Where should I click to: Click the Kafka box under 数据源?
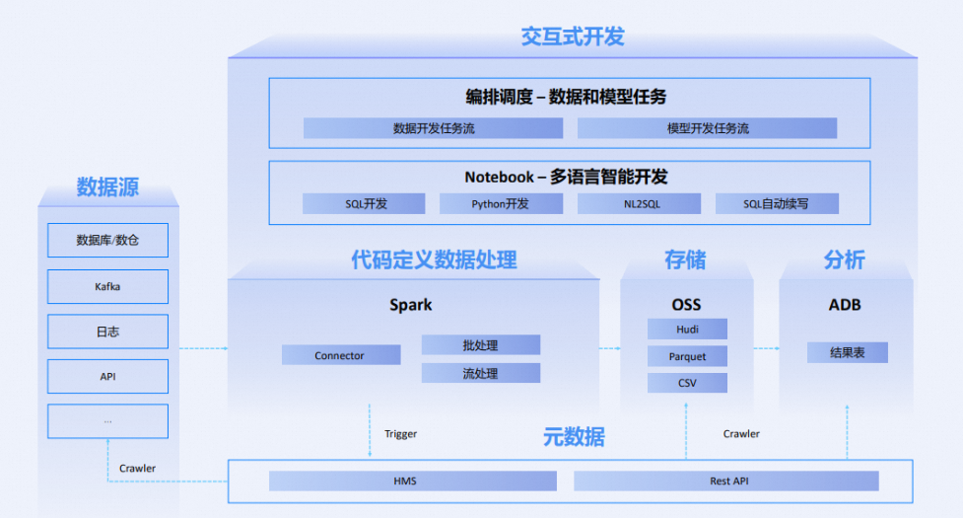pos(107,287)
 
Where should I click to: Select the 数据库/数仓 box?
pos(107,240)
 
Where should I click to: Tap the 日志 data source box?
pos(107,332)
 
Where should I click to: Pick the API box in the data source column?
pos(107,377)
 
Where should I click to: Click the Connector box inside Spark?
pos(341,355)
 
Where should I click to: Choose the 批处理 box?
pos(480,345)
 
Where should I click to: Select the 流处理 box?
pos(480,373)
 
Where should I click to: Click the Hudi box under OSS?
pos(687,330)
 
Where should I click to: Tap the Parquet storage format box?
pos(687,356)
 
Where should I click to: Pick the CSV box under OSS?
pos(687,383)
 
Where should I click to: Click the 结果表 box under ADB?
pos(847,352)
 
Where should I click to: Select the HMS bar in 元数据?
pos(412,481)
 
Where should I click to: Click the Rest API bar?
pos(725,481)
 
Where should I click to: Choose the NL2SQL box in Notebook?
pos(639,204)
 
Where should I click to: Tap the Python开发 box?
pos(501,204)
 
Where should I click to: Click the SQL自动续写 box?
pos(777,204)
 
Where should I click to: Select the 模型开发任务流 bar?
pos(707,128)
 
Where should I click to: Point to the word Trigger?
pos(400,434)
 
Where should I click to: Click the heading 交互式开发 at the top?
pos(572,37)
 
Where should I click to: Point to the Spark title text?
pos(410,305)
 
